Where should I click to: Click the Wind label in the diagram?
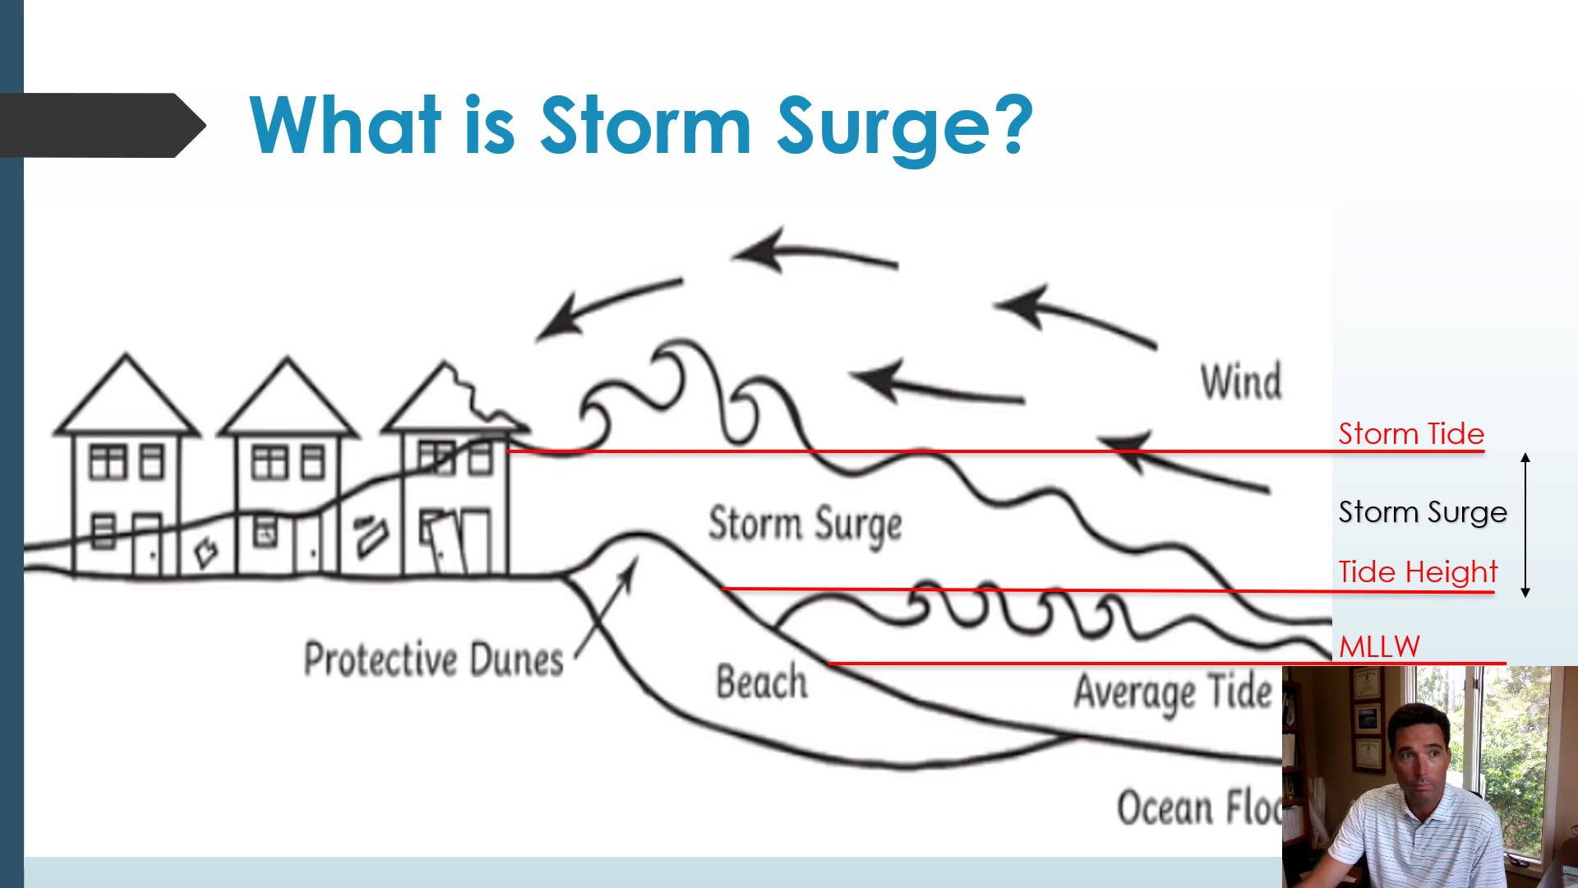1240,382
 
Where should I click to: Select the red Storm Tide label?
1410,434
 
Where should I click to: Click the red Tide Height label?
1417,572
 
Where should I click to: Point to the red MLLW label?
1379,647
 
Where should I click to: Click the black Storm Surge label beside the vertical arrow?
1422,512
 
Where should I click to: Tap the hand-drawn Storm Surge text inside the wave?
805,525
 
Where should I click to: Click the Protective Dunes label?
433,659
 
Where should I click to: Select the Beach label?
761,682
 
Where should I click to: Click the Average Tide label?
1172,692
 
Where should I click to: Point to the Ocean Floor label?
1197,807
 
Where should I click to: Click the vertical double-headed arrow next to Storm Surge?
1525,525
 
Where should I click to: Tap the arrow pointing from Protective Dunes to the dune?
607,608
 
